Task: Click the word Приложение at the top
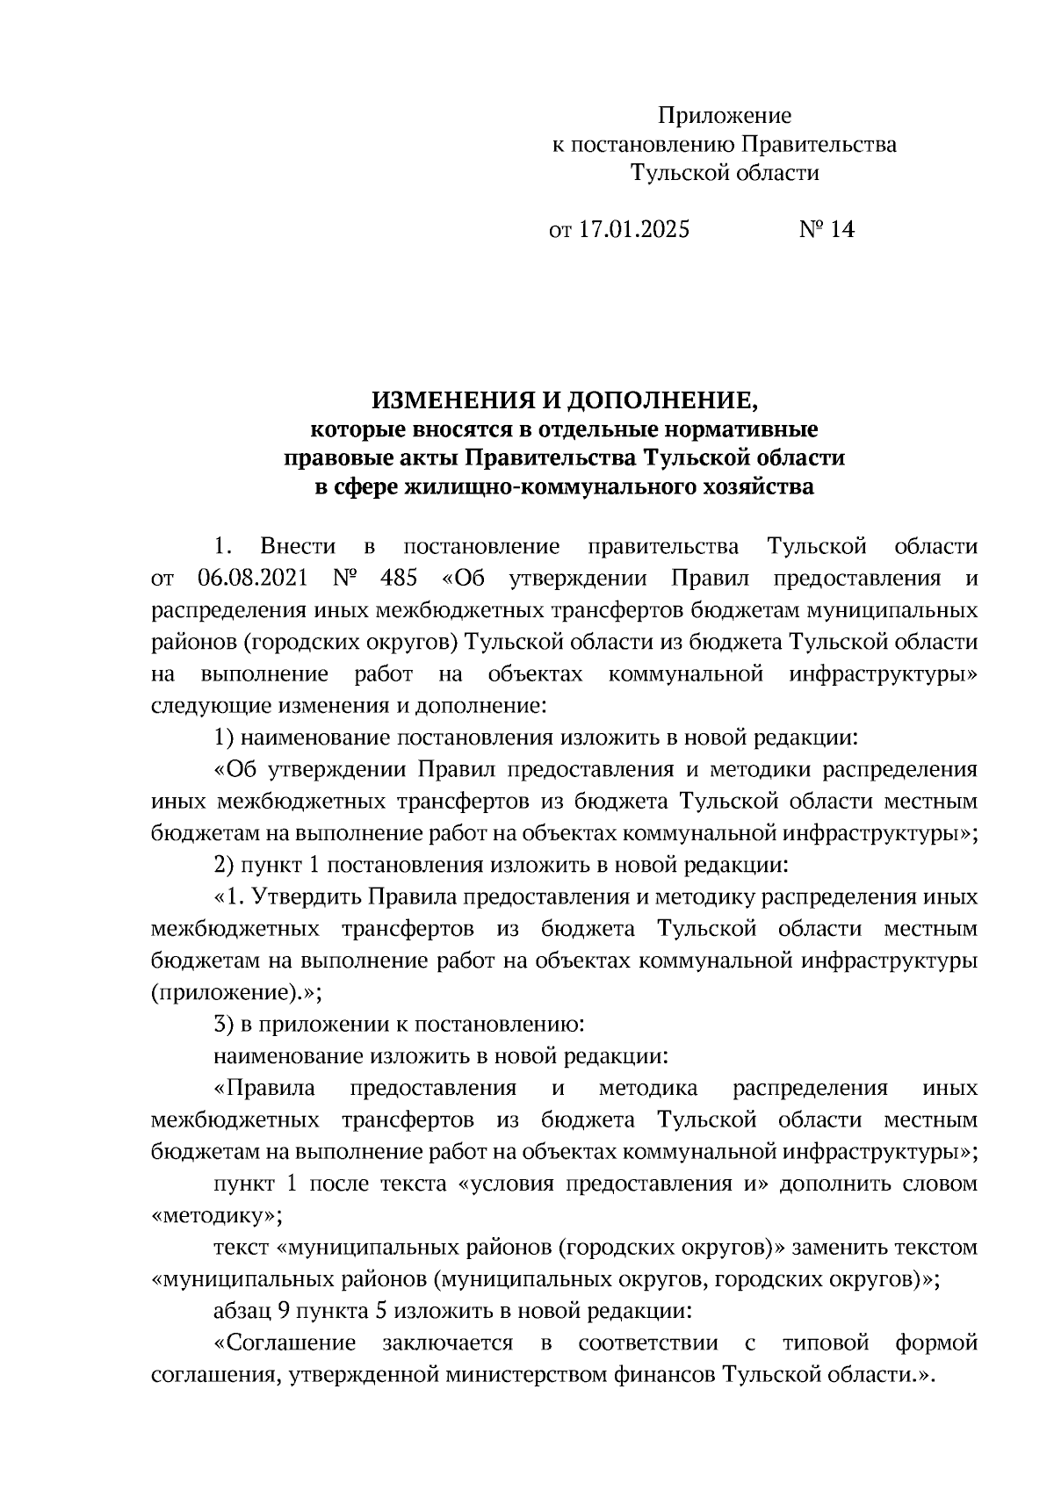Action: [x=725, y=115]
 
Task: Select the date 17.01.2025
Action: [x=634, y=230]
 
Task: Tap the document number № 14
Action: [x=826, y=230]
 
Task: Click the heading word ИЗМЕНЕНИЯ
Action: [x=445, y=401]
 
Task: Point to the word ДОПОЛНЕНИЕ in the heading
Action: [x=657, y=401]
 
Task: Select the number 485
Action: [x=399, y=579]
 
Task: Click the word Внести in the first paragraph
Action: [x=299, y=547]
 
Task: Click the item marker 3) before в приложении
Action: [x=224, y=1024]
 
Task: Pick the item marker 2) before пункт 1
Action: [x=224, y=865]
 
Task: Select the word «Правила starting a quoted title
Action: [x=264, y=1088]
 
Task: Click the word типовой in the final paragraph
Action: [x=825, y=1343]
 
